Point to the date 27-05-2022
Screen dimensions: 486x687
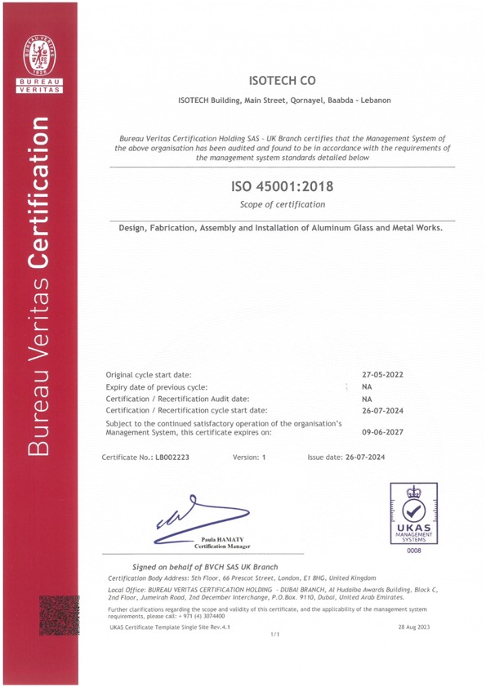coord(383,373)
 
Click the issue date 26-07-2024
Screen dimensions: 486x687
coord(382,457)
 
